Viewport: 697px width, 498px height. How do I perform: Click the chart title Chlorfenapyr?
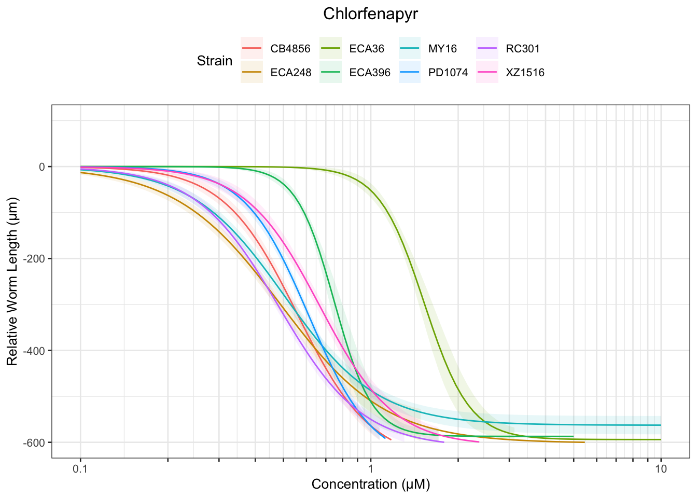[x=370, y=14]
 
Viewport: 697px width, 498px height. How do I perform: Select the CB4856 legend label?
[x=290, y=49]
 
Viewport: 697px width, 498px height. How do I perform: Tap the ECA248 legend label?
[x=291, y=73]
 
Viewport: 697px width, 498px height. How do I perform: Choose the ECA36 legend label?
[x=367, y=49]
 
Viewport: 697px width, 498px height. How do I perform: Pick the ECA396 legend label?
[x=370, y=73]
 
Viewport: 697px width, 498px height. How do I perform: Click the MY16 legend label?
[x=442, y=49]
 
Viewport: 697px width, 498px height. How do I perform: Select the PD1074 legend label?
[x=448, y=73]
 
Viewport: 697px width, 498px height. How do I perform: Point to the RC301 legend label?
[x=523, y=49]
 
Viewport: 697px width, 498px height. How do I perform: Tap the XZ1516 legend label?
[x=525, y=73]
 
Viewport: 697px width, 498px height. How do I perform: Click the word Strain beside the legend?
[x=215, y=61]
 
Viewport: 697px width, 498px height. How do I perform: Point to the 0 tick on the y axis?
[x=41, y=167]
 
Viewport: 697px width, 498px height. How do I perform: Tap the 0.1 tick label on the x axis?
[x=80, y=469]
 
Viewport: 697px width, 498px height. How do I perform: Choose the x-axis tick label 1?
[x=370, y=469]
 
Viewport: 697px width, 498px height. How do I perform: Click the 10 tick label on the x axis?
[x=661, y=469]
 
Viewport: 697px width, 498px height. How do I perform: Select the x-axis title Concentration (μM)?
[x=370, y=485]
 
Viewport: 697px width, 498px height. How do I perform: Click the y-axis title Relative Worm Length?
[x=12, y=281]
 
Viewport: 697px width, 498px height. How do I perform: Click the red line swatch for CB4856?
[x=252, y=49]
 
